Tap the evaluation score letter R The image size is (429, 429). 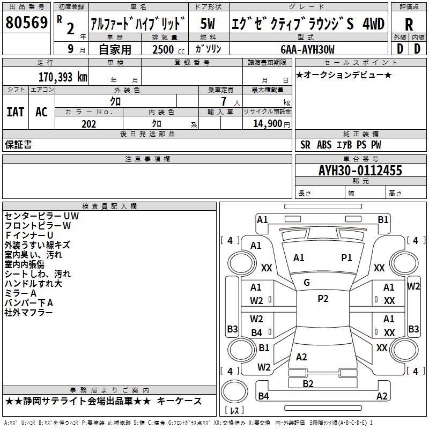click(x=409, y=24)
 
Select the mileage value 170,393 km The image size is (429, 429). click(x=63, y=77)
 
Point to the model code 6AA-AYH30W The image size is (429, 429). click(x=307, y=49)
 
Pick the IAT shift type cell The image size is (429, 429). click(x=15, y=112)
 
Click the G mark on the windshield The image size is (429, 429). click(x=306, y=283)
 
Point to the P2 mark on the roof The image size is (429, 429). click(x=323, y=299)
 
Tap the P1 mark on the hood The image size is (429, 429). click(x=346, y=258)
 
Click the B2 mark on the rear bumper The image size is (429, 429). click(x=308, y=383)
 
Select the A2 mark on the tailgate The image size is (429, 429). click(x=301, y=357)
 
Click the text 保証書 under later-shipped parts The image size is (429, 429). click(x=18, y=144)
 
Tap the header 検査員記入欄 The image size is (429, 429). click(x=109, y=206)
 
